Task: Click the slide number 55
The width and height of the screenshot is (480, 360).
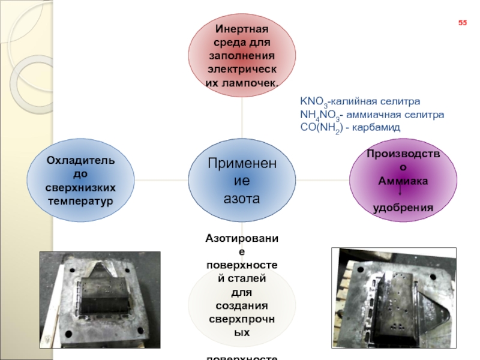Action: pyautogui.click(x=463, y=23)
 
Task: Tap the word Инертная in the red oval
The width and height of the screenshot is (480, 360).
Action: pyautogui.click(x=242, y=29)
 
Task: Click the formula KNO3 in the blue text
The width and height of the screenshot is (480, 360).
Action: pyautogui.click(x=313, y=101)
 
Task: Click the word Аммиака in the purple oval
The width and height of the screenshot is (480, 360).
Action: pyautogui.click(x=403, y=180)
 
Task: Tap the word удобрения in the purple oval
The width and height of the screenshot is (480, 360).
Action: pyautogui.click(x=403, y=208)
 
